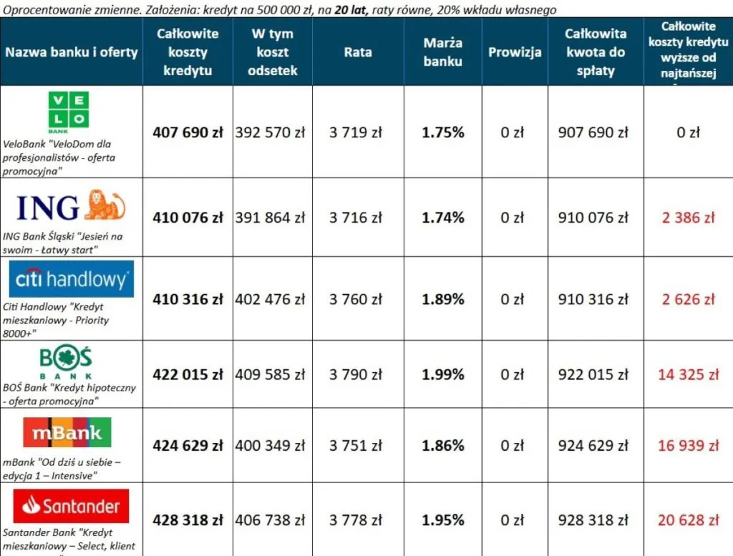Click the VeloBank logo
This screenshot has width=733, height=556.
click(x=69, y=112)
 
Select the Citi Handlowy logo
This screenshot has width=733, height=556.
click(x=72, y=279)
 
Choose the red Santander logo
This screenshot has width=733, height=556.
click(x=71, y=507)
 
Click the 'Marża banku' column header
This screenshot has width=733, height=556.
click(x=442, y=52)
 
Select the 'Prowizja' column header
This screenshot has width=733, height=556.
click(x=515, y=52)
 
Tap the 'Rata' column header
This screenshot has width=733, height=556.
click(x=358, y=52)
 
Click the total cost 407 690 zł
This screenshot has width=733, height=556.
click(x=188, y=132)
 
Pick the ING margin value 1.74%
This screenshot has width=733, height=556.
click(x=442, y=218)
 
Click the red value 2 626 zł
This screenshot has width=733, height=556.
click(x=688, y=299)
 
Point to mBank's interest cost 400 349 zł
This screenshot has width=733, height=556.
click(x=270, y=446)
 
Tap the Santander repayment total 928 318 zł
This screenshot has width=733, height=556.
click(x=593, y=520)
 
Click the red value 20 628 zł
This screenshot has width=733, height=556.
click(x=688, y=520)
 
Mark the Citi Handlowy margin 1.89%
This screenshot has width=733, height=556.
click(x=442, y=299)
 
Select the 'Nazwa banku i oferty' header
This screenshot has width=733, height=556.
click(x=72, y=52)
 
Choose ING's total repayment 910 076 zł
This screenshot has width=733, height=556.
click(x=593, y=218)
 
